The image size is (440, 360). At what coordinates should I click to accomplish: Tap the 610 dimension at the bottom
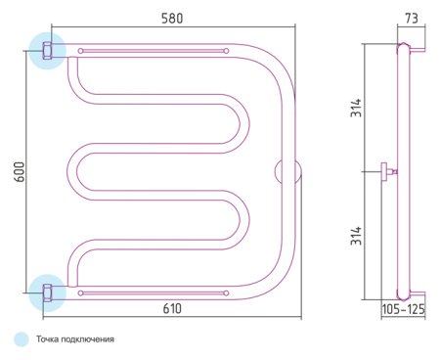tap(172, 308)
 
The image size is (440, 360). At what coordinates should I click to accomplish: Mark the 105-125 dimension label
tap(403, 309)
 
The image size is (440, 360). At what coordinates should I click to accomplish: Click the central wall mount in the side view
tap(388, 171)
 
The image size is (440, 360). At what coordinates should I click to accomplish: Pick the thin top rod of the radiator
tap(152, 50)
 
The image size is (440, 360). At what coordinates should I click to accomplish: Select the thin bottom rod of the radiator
tap(152, 291)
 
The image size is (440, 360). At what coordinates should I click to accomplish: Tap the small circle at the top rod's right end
tap(226, 50)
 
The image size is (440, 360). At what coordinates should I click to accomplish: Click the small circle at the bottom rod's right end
tap(226, 291)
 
